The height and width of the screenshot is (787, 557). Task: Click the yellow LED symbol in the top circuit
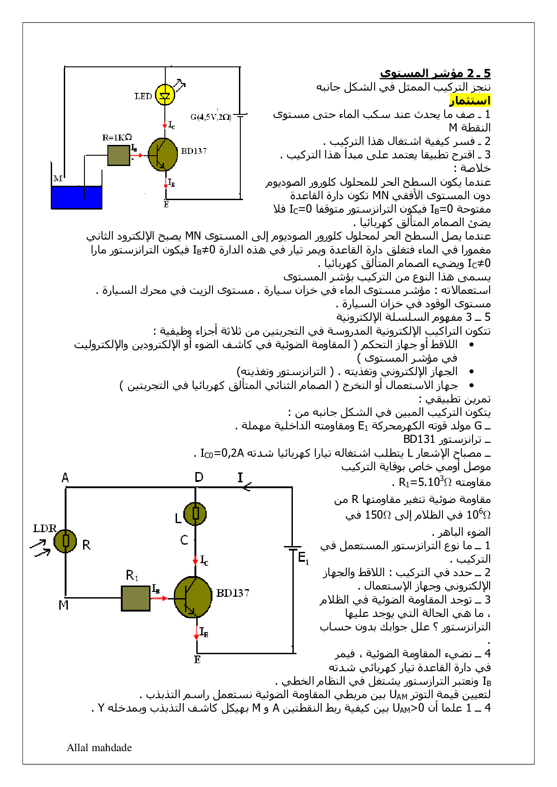click(x=165, y=95)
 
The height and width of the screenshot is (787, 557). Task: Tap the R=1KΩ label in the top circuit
click(x=117, y=137)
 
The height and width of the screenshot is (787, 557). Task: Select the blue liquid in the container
click(x=77, y=197)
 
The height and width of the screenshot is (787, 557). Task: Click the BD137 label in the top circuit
click(x=194, y=151)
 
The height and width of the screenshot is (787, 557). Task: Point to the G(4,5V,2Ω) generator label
click(x=211, y=117)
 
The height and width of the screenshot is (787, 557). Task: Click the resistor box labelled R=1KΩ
click(x=119, y=155)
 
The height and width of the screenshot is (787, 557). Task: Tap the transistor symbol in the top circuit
click(x=163, y=155)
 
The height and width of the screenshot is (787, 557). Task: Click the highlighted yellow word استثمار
click(x=470, y=101)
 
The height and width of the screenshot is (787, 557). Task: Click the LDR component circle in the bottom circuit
click(x=66, y=541)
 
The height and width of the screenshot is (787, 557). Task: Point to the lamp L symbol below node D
click(x=195, y=514)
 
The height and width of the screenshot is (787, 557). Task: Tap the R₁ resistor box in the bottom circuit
click(x=136, y=598)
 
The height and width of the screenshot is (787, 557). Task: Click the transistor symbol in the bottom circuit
click(x=193, y=597)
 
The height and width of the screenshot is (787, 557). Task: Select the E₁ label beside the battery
click(x=304, y=558)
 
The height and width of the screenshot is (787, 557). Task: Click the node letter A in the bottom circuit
click(x=66, y=478)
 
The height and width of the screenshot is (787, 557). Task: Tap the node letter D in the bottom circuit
click(x=199, y=477)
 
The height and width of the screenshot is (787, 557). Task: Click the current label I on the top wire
click(x=240, y=478)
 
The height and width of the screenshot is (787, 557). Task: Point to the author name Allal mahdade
click(x=99, y=748)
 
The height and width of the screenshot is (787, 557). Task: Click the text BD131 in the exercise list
click(x=419, y=439)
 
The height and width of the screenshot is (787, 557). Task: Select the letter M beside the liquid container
click(x=58, y=179)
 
